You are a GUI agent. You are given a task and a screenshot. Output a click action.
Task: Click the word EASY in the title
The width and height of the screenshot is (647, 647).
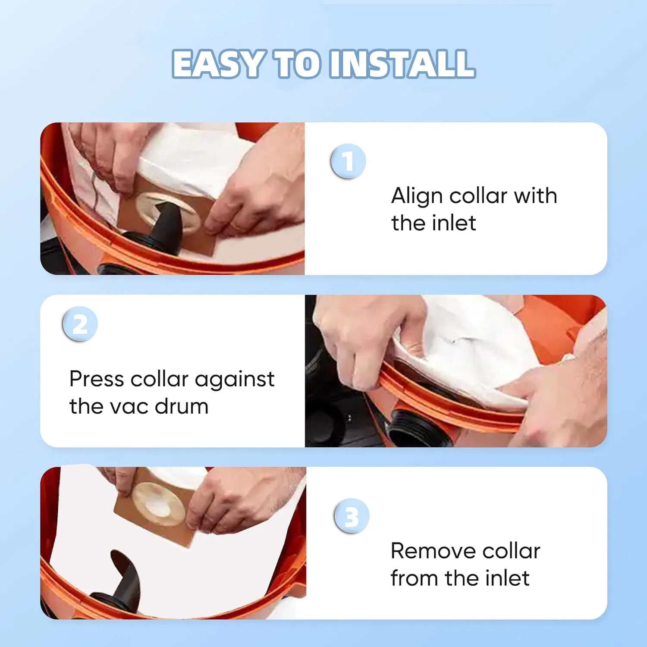click(x=218, y=64)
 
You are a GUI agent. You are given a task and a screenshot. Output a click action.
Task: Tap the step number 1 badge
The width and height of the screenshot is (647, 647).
click(x=348, y=162)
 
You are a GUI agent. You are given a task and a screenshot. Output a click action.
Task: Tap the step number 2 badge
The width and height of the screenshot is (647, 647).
click(x=80, y=324)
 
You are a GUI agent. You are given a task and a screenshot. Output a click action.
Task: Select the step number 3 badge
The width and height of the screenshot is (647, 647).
click(x=352, y=516)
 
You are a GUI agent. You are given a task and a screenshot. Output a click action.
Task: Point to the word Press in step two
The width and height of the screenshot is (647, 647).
click(x=97, y=380)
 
